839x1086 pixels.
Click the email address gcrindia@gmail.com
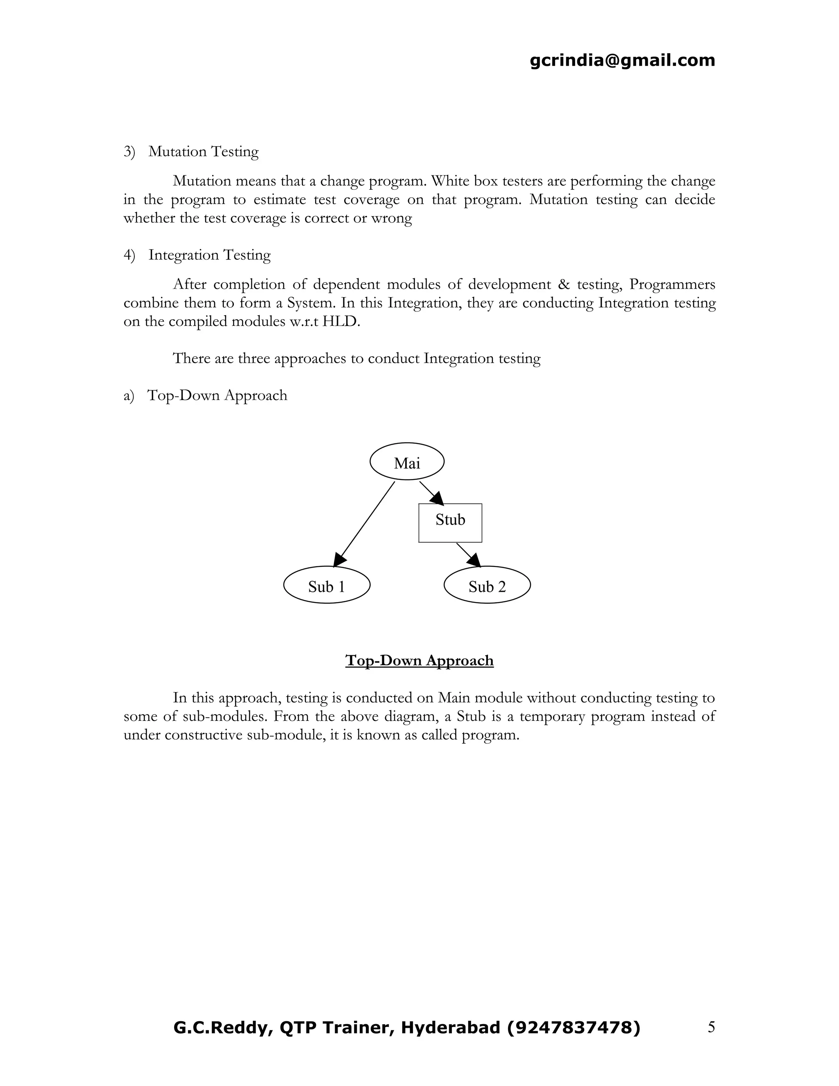pyautogui.click(x=622, y=60)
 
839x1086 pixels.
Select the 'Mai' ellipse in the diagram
pyautogui.click(x=406, y=461)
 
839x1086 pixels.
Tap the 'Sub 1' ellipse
pyautogui.click(x=327, y=585)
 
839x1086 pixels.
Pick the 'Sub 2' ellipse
pyautogui.click(x=487, y=585)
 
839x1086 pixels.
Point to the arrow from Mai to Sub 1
pyautogui.click(x=365, y=522)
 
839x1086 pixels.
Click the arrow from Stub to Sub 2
pyautogui.click(x=468, y=554)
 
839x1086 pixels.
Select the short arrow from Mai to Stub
pyautogui.click(x=431, y=492)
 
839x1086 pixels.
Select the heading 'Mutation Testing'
pyautogui.click(x=203, y=151)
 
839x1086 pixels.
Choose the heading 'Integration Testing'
pyautogui.click(x=209, y=254)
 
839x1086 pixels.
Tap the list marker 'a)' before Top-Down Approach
pyautogui.click(x=129, y=395)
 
